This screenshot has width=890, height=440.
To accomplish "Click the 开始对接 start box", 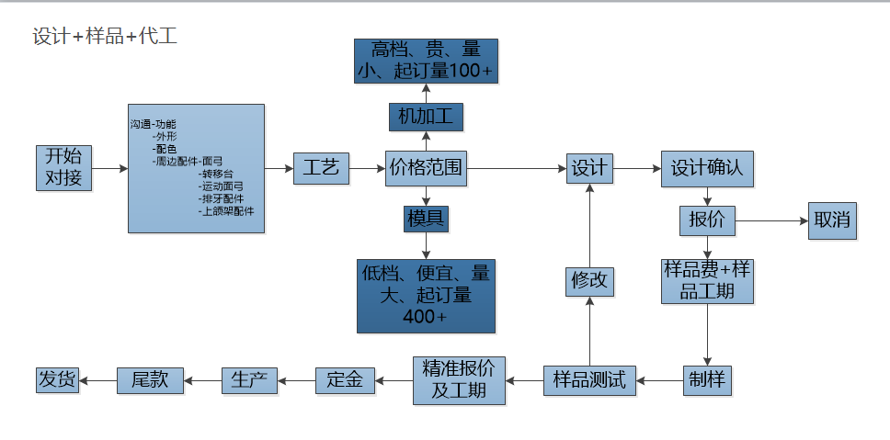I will tap(64, 167).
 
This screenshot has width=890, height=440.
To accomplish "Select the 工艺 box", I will tap(321, 168).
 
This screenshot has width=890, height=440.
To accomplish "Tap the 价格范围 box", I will tap(426, 169).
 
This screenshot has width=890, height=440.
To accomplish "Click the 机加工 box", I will tap(425, 117).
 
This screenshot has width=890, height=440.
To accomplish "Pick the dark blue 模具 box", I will tap(426, 219).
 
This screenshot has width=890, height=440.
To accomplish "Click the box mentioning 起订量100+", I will tap(426, 61).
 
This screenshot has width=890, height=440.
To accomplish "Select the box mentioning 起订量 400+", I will tap(426, 295).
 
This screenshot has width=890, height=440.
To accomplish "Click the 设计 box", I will tap(589, 168).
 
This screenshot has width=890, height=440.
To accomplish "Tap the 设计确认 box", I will tap(707, 169).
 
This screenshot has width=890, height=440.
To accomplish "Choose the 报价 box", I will tap(707, 220).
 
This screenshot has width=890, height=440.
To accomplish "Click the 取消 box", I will tap(832, 220).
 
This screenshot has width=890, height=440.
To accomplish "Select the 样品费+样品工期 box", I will tap(707, 281).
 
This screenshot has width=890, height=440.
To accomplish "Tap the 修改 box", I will tap(589, 281).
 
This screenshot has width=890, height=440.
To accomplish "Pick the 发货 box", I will tap(57, 379).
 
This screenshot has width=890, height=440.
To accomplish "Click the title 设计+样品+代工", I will tap(105, 37).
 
